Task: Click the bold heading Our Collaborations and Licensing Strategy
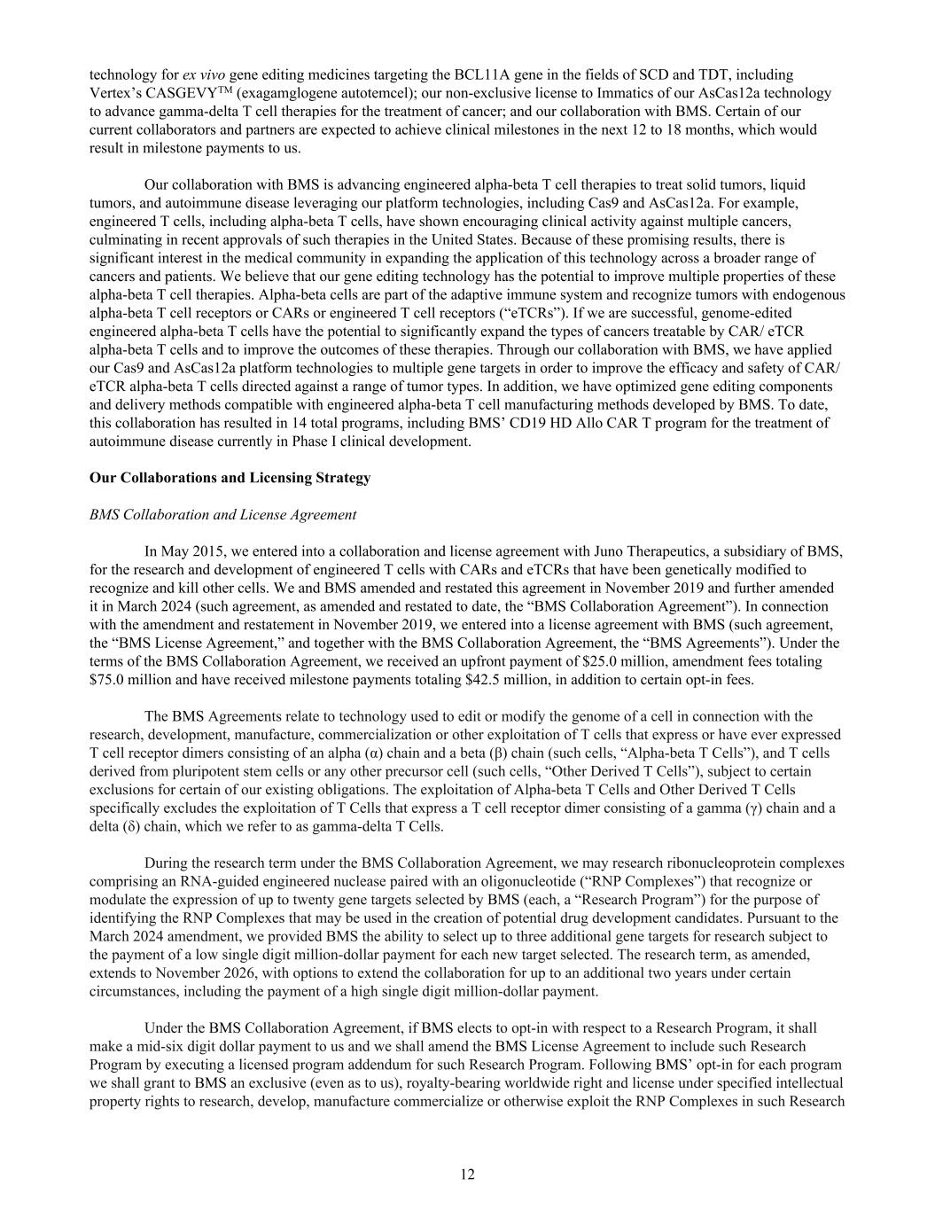click(x=230, y=478)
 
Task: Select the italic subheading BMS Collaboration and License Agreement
click(x=223, y=514)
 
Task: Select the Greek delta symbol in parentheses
click(x=128, y=826)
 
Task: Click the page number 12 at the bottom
click(x=467, y=1175)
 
